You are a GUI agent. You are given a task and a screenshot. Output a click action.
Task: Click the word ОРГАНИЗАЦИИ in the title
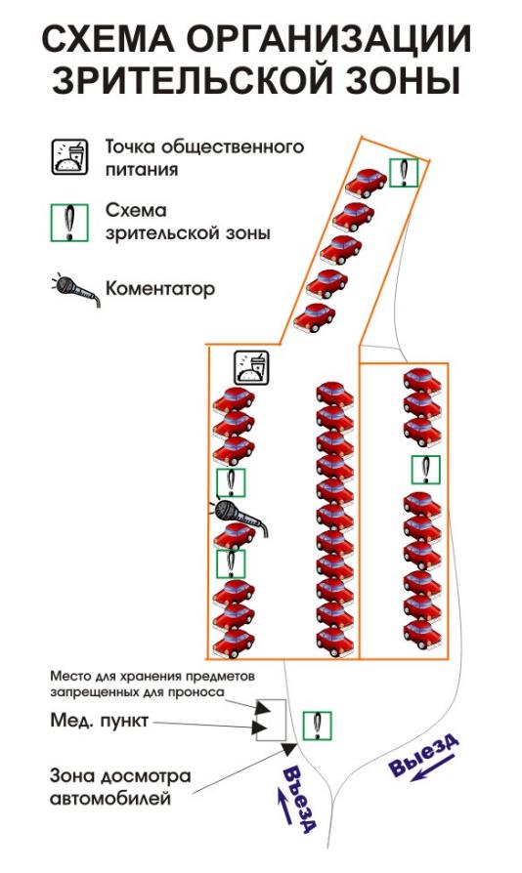click(329, 40)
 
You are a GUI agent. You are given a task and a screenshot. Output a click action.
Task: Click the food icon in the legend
click(70, 157)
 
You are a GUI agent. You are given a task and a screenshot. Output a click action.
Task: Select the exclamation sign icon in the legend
click(69, 223)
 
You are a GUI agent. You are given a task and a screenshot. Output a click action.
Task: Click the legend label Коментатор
click(160, 289)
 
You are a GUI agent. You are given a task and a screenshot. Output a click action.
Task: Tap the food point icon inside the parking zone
click(251, 368)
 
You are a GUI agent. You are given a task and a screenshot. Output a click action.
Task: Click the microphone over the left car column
click(240, 517)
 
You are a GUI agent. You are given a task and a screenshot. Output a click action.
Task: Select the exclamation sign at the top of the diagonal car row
click(404, 172)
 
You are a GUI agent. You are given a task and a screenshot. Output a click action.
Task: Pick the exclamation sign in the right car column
click(426, 470)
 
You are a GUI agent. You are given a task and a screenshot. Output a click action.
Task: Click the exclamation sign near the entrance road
click(317, 726)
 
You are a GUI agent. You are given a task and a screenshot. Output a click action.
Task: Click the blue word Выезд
click(424, 755)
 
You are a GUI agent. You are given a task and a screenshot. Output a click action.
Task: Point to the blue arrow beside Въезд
click(283, 805)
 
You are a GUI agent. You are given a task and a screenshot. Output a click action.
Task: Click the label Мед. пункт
click(99, 721)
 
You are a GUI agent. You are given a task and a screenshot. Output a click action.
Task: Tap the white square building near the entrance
click(271, 720)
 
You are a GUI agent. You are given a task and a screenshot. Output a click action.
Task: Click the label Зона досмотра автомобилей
click(120, 787)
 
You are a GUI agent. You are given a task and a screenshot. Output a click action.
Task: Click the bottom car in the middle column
click(335, 642)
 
